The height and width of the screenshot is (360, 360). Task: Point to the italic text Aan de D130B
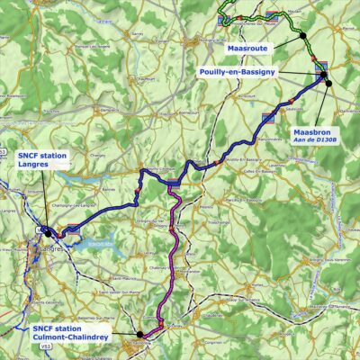click(315, 142)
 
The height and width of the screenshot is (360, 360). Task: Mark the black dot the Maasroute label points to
click(303, 36)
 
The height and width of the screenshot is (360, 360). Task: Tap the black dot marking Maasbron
click(328, 83)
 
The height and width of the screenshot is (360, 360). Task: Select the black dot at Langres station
click(48, 231)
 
